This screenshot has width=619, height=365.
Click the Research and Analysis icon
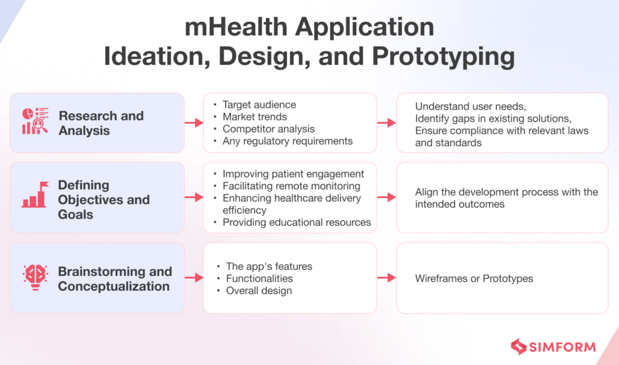35,121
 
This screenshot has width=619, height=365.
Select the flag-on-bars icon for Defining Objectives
35,195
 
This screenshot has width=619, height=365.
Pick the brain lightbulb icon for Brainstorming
35,278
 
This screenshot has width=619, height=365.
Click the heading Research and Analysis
101,123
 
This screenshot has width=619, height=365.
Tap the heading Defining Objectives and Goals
103,199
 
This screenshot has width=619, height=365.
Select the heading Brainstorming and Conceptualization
114,279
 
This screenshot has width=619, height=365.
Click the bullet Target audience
259,105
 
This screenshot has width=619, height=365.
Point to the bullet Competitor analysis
268,129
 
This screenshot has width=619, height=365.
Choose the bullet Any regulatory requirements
287,141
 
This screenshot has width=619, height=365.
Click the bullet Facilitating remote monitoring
291,186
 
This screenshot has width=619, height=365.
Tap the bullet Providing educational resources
296,222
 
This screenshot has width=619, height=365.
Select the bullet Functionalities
259,278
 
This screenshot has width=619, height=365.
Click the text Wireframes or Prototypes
474,278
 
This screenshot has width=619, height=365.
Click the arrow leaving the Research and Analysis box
193,123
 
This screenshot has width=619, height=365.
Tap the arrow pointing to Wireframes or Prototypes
386,278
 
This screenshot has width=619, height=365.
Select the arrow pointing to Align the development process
386,198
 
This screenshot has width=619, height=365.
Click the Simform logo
553,347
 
